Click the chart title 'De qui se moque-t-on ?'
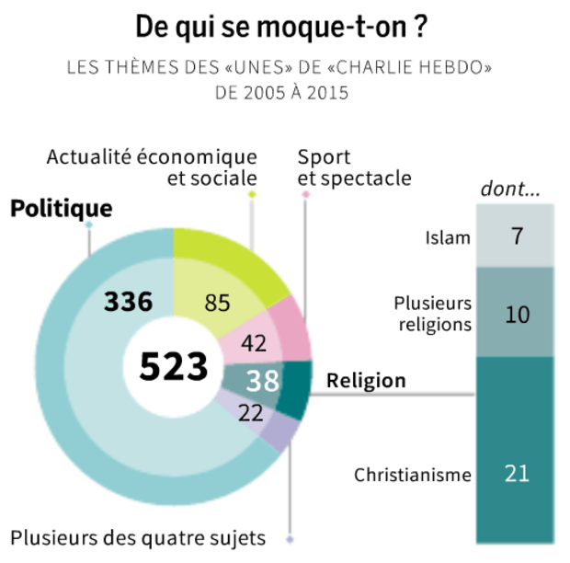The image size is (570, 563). point(281,27)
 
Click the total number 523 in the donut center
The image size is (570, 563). point(173,367)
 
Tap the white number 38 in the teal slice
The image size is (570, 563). point(262,380)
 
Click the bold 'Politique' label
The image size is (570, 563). point(61,209)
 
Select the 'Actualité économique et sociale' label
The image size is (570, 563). point(153,167)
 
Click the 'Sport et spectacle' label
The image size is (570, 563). point(354,167)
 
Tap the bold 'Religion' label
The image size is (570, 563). point(366,380)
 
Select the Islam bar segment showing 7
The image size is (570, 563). point(516,236)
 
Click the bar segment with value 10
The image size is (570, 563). point(516,313)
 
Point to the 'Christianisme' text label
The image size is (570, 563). point(413,476)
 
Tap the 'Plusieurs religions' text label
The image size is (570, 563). point(432,313)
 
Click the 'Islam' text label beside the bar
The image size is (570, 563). point(448,238)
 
